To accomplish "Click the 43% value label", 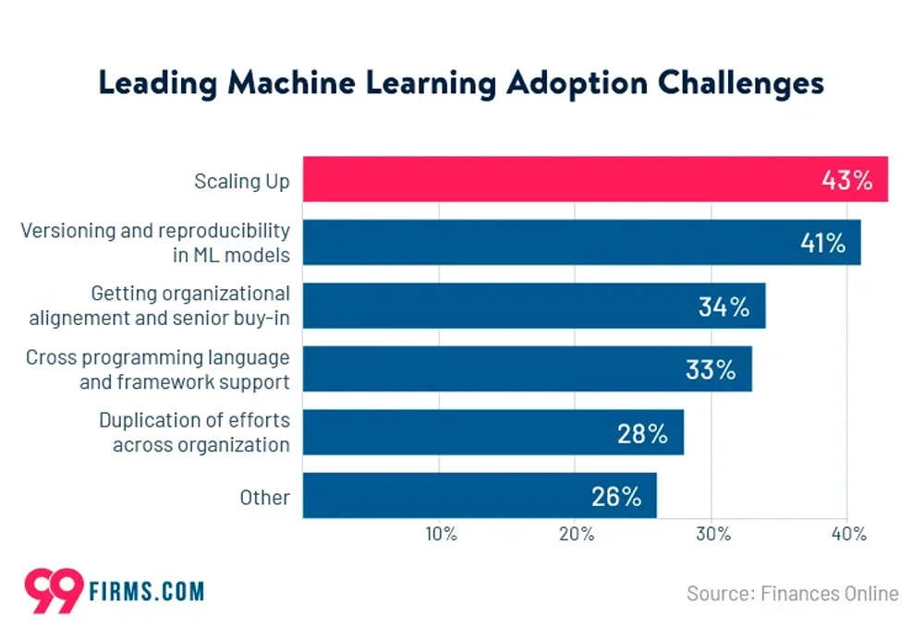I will point(847,180).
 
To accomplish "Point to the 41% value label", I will point(821,243).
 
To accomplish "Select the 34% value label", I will point(724,307).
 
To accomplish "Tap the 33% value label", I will point(711,369).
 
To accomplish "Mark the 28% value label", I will point(642,433).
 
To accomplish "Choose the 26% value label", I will point(615,496).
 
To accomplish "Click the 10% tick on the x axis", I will point(440,535).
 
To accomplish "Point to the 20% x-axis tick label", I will point(576,535).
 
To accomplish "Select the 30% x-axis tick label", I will point(712,535).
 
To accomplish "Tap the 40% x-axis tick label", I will point(848,535).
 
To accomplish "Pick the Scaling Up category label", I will point(241,181).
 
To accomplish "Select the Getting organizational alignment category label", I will point(159,306).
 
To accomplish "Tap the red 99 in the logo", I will point(54,591).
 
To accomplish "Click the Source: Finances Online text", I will point(792,593).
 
